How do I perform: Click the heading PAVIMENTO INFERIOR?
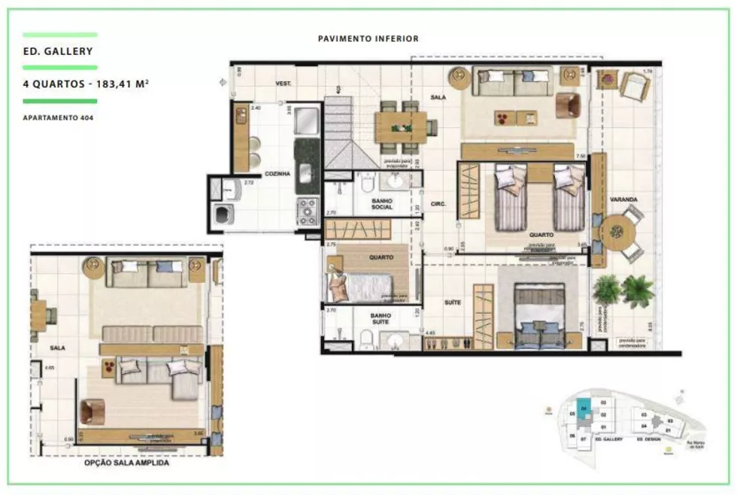pos(368,38)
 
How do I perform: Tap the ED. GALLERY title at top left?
pos(58,52)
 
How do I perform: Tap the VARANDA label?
pos(624,199)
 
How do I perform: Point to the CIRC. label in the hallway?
pos(439,203)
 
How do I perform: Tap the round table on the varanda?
pos(621,232)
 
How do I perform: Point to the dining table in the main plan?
pos(401,127)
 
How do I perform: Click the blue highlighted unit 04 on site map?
pos(583,402)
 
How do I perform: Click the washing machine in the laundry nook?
pos(223,215)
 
